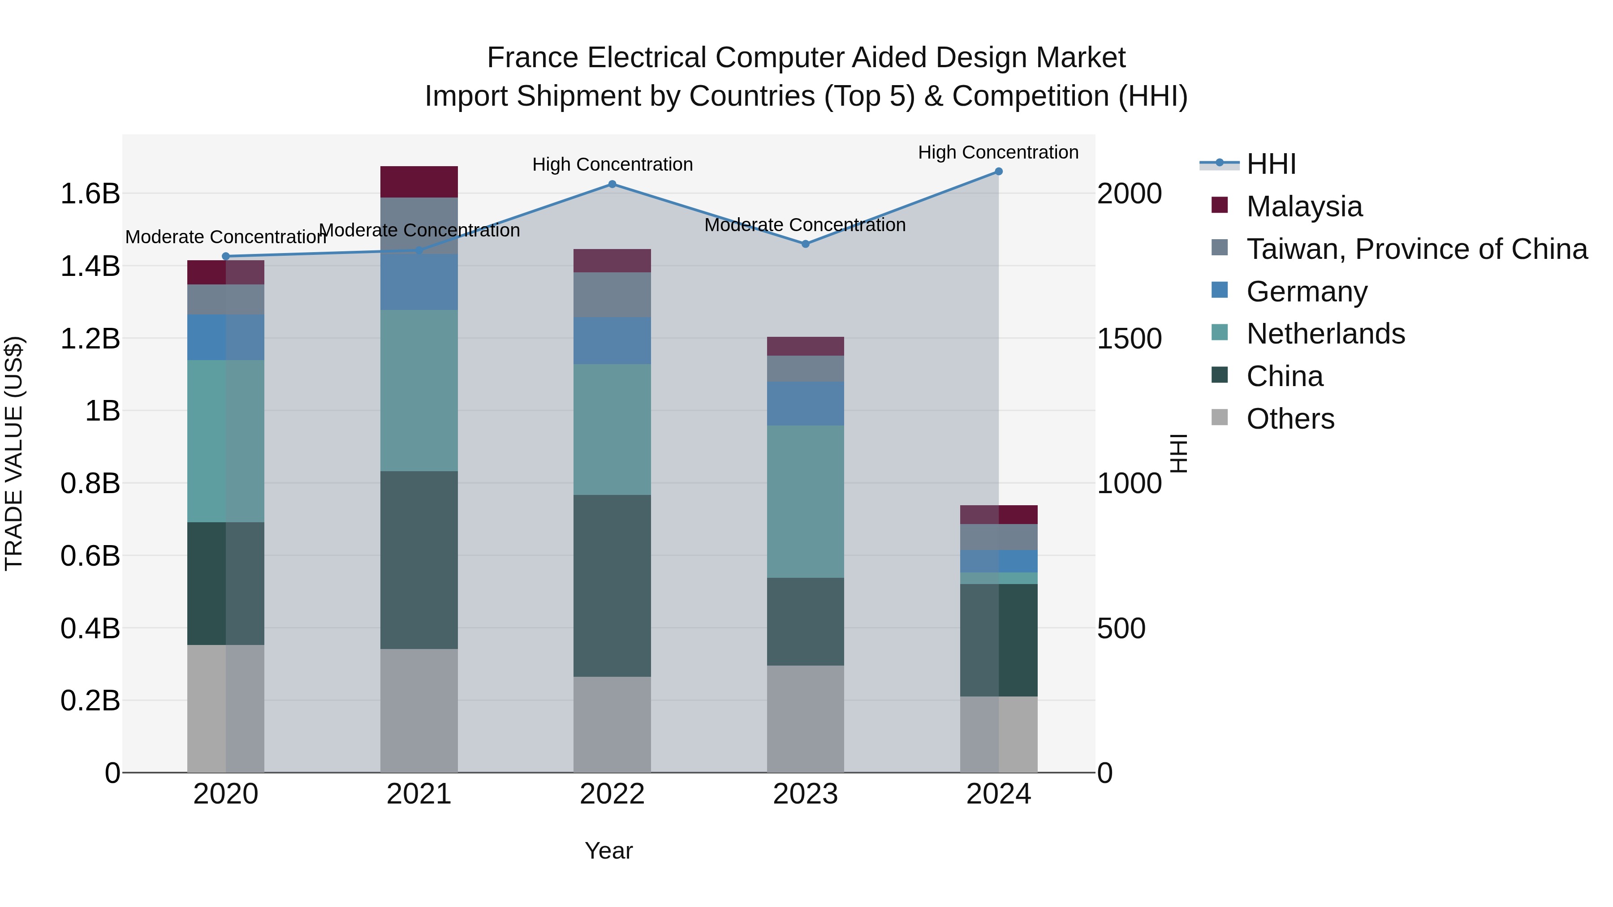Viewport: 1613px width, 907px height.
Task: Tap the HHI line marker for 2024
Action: click(998, 172)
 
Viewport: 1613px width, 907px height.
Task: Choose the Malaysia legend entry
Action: click(1304, 206)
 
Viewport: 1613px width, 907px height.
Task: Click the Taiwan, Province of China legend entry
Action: click(1416, 249)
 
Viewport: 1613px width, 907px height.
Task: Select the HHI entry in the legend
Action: click(1271, 164)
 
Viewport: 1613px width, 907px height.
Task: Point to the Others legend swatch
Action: click(1219, 417)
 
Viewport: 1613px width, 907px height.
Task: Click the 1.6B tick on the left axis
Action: click(90, 193)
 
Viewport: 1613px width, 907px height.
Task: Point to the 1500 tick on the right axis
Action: click(1129, 339)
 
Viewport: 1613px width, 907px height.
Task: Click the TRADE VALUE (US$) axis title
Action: click(14, 453)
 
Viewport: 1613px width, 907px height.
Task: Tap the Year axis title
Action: click(608, 851)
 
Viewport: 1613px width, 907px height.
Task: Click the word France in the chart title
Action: click(532, 58)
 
